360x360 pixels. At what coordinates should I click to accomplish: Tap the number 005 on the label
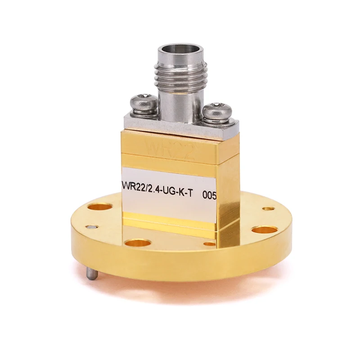(x=210, y=195)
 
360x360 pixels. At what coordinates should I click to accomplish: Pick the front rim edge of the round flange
(x=180, y=288)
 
